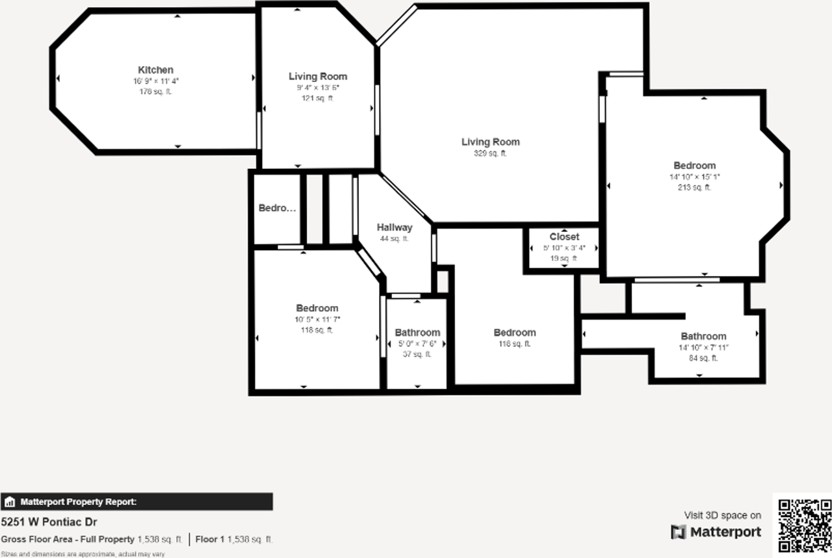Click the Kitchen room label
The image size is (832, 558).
(x=155, y=70)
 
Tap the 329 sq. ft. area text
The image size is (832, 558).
(x=490, y=154)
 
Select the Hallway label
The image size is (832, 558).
(x=395, y=227)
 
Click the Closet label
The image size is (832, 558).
(x=564, y=236)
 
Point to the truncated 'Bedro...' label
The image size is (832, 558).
(x=277, y=208)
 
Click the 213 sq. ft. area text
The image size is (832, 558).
(x=694, y=188)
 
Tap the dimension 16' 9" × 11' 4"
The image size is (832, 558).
(x=155, y=81)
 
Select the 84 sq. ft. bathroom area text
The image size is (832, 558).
(x=703, y=358)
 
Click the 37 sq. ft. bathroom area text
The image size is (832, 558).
(x=417, y=355)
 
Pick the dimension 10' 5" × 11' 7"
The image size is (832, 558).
(x=317, y=320)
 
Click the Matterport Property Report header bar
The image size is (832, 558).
(x=136, y=501)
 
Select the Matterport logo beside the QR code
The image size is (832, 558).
(x=716, y=532)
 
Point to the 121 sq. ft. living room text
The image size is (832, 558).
(x=317, y=99)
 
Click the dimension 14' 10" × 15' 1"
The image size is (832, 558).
(x=694, y=177)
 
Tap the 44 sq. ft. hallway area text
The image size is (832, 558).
(x=394, y=239)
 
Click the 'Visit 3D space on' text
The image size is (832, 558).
(x=722, y=515)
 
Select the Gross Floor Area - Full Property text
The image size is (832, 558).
(x=68, y=539)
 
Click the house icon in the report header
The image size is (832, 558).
(x=10, y=501)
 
